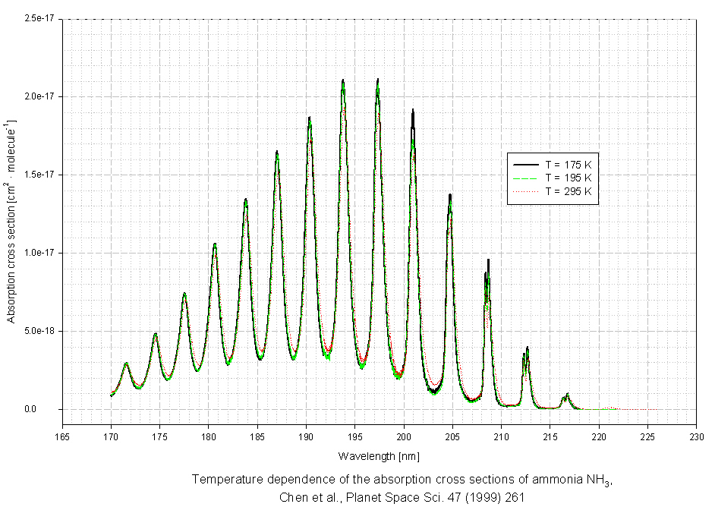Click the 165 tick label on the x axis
click(62, 436)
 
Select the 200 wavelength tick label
click(404, 436)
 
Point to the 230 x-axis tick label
click(696, 436)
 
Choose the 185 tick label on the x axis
click(257, 436)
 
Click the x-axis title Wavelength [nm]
click(380, 456)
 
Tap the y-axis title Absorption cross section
click(11, 220)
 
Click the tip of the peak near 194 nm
click(343, 80)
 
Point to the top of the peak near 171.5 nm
click(126, 364)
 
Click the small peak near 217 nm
click(567, 394)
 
